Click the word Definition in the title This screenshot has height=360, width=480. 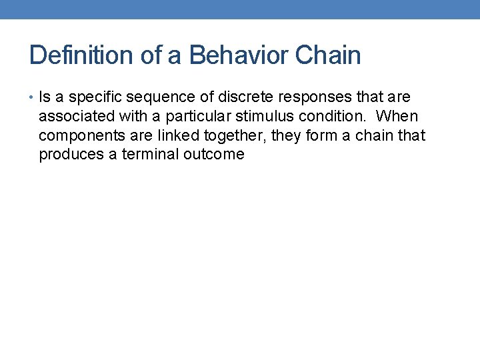tap(82, 55)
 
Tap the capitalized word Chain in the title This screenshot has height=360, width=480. tap(328, 55)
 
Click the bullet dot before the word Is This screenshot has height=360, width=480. tap(33, 97)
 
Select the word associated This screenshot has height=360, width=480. tap(75, 117)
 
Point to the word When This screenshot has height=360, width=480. tap(397, 117)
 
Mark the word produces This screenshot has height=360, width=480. tap(70, 155)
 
